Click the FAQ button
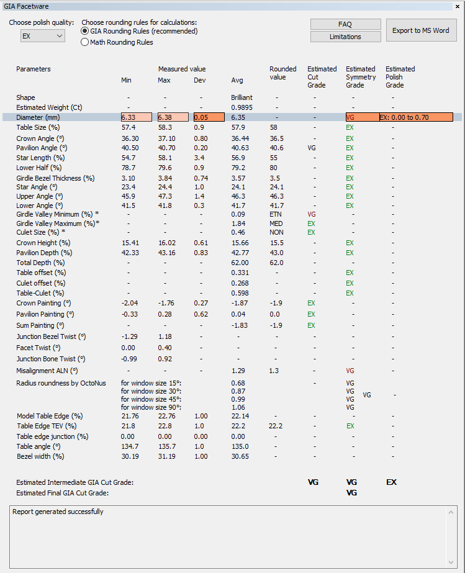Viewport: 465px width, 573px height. pyautogui.click(x=345, y=24)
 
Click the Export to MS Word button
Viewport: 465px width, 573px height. pyautogui.click(x=421, y=30)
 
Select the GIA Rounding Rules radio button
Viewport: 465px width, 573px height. pyautogui.click(x=85, y=31)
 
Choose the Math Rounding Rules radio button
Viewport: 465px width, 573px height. pyautogui.click(x=85, y=42)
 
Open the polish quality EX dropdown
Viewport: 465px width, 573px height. pyautogui.click(x=43, y=36)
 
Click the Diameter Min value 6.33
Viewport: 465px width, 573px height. pyautogui.click(x=136, y=117)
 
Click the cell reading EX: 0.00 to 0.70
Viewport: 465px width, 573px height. pyautogui.click(x=415, y=117)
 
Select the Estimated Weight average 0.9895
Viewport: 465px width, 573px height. pyautogui.click(x=243, y=107)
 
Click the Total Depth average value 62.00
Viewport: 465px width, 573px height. pyautogui.click(x=240, y=263)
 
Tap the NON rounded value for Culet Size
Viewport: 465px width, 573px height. pyautogui.click(x=276, y=232)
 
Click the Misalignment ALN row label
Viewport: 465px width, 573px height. pyautogui.click(x=47, y=371)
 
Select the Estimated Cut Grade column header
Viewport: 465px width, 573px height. pyautogui.click(x=322, y=77)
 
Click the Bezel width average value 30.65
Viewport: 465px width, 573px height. pyautogui.click(x=240, y=456)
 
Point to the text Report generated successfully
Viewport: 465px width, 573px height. pyautogui.click(x=58, y=512)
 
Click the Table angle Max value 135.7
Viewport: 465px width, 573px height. pyautogui.click(x=166, y=446)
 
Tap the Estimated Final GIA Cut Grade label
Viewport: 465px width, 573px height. pyautogui.click(x=62, y=493)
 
